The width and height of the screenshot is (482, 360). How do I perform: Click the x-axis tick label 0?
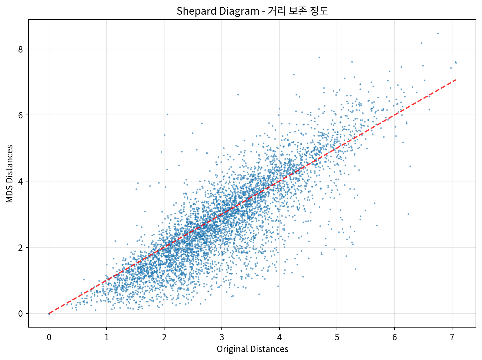[x=49, y=337]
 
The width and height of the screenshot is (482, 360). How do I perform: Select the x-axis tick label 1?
[x=107, y=337]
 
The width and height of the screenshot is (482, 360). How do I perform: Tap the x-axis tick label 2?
[x=164, y=337]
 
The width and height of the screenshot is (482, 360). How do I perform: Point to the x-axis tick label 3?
[x=222, y=337]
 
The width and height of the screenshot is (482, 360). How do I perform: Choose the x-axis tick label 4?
[x=279, y=337]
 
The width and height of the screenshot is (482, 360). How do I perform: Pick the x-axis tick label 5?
[x=337, y=337]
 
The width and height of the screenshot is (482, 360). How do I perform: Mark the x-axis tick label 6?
[x=395, y=337]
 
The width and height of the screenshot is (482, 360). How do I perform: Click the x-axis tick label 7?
[x=452, y=337]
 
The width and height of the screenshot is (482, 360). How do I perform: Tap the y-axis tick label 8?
[x=21, y=49]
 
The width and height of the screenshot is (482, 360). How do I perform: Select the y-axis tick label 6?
[x=21, y=115]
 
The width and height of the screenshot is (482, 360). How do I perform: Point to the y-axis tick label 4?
[x=21, y=181]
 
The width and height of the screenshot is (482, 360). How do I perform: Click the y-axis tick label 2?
[x=21, y=248]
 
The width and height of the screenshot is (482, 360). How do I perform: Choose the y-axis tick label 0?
[x=21, y=314]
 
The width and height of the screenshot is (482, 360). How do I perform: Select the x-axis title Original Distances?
[x=252, y=349]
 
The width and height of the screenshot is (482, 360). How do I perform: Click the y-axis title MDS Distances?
[x=10, y=174]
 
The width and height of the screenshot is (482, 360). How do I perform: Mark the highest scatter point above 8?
[x=438, y=33]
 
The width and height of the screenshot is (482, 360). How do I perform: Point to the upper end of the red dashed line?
[x=456, y=80]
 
